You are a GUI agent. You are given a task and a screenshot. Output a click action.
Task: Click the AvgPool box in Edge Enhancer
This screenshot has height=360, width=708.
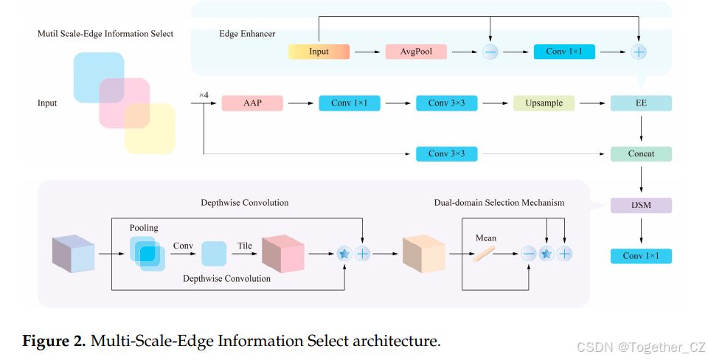coord(416,52)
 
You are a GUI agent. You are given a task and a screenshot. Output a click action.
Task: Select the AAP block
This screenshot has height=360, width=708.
coord(252,103)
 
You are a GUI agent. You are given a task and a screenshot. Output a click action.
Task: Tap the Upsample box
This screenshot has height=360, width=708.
coord(544,103)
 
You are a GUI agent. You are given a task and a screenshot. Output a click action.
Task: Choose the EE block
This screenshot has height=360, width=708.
coord(641,103)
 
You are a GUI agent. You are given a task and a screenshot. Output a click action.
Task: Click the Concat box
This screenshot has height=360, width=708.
coord(641,153)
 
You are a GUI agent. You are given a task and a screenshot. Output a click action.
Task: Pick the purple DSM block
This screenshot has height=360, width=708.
coord(641,205)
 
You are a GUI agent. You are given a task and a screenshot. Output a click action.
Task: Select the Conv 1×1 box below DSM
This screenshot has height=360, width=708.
coord(641,256)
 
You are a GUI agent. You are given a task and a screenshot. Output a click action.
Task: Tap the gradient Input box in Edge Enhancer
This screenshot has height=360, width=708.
coord(319,52)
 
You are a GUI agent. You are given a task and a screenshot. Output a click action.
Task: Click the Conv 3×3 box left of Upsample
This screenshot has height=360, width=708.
coord(447,103)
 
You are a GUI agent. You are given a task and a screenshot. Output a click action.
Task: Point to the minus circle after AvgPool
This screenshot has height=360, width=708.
coord(490,52)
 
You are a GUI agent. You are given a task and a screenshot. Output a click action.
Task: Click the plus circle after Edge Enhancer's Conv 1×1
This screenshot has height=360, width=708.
coord(639,52)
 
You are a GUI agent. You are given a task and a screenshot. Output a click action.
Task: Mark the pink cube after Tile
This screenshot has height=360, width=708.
coord(283,253)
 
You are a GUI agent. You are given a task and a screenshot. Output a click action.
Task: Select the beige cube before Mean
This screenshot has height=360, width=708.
coord(423,253)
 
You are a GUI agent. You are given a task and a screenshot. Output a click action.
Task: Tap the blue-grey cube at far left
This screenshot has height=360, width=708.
coord(73,253)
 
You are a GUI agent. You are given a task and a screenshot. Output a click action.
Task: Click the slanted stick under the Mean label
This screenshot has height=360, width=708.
coord(484,254)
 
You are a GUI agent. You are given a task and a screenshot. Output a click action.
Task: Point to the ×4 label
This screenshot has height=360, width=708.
coord(204,95)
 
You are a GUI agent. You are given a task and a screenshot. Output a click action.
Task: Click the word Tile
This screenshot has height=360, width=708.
coord(245,246)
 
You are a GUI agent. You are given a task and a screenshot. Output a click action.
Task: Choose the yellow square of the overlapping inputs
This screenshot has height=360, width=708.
coord(150,129)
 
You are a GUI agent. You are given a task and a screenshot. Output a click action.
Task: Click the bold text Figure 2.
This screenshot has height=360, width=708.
coord(54,341)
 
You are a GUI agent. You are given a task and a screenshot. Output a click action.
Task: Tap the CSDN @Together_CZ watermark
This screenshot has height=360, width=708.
coord(641,347)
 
